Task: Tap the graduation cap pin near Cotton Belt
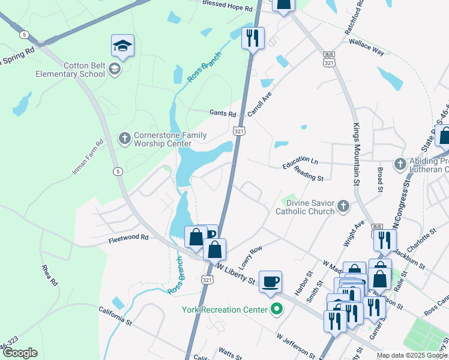[x=122, y=46]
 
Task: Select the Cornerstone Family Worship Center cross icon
[x=124, y=139]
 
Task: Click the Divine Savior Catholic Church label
[x=305, y=207]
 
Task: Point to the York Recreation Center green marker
[x=277, y=310]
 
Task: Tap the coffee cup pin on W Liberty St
[x=270, y=281]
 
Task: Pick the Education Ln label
[x=301, y=161]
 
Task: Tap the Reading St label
[x=309, y=174]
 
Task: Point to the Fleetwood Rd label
[x=128, y=238]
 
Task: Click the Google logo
[x=19, y=353]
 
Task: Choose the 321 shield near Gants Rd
[x=239, y=131]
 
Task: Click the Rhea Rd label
[x=49, y=275]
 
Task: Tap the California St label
[x=115, y=316]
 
